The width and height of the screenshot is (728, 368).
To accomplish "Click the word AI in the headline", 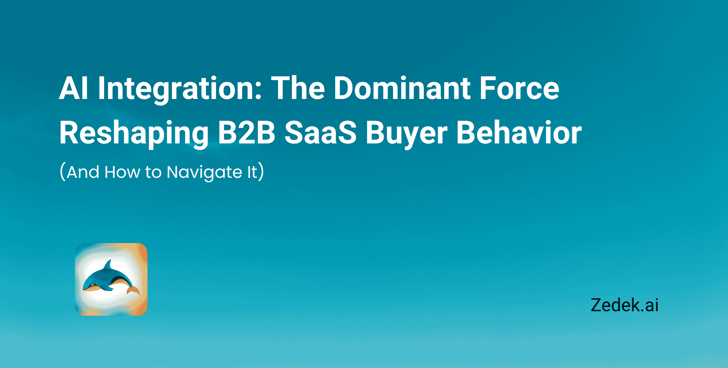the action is tap(73, 88).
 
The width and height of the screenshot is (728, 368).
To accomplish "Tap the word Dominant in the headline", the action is tap(402, 88).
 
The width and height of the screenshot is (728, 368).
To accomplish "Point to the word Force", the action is tap(519, 88).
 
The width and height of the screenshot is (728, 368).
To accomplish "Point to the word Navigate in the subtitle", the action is tap(204, 172).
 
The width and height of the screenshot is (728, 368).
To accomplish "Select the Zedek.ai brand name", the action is tap(624, 305).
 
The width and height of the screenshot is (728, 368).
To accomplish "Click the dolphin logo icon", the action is tap(111, 279).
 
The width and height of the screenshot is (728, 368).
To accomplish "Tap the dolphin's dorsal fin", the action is tap(108, 266).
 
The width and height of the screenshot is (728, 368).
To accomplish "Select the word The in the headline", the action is tap(298, 88).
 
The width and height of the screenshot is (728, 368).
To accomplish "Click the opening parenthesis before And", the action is tap(63, 172).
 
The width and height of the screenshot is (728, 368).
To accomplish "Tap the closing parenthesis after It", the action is tap(261, 172).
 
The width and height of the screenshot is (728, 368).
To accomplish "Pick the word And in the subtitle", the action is tap(83, 172).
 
